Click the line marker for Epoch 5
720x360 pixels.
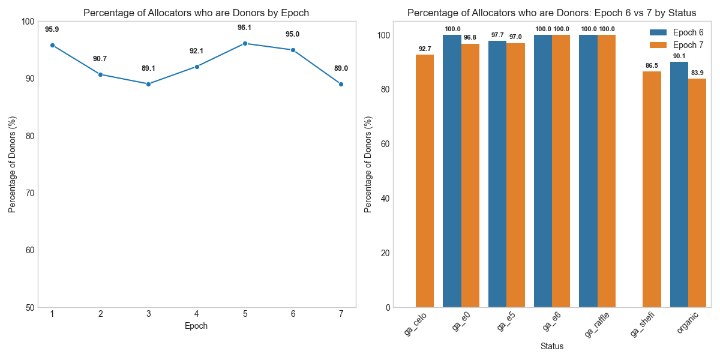pos(245,43)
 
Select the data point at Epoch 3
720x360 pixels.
pos(148,84)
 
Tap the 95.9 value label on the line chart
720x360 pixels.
pos(52,29)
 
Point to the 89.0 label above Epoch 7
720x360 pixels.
pos(341,68)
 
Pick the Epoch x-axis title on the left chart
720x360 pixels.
pos(196,326)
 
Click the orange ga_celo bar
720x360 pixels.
pos(425,181)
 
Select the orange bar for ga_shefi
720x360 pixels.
pos(652,189)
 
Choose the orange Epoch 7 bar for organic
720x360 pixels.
pos(697,193)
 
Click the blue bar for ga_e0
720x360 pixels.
pos(452,171)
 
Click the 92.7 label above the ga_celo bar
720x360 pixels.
pos(425,49)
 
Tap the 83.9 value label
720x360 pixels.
pos(697,73)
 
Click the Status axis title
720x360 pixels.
pos(552,346)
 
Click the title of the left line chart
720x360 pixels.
pos(196,13)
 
